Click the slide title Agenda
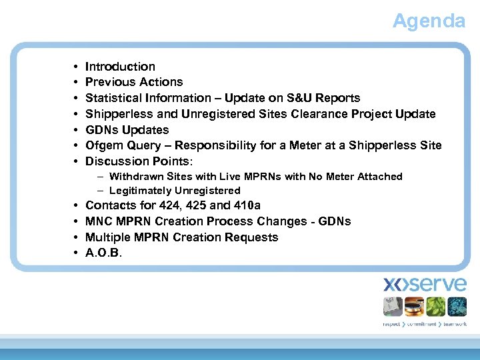coord(428,21)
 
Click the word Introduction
coord(120,67)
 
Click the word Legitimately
coord(141,191)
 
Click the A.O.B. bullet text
coord(104,253)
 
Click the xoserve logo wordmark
coord(425,285)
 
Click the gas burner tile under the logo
coord(414,307)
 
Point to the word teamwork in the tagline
coord(453,325)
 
